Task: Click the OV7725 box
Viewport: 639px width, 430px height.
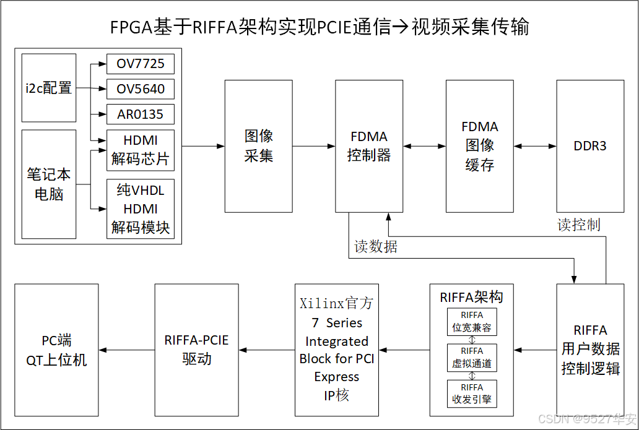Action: pyautogui.click(x=141, y=64)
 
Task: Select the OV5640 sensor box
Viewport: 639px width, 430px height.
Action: pyautogui.click(x=141, y=89)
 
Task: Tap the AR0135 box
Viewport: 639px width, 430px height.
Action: pyautogui.click(x=141, y=114)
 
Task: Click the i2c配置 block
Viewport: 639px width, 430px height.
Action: pyautogui.click(x=49, y=88)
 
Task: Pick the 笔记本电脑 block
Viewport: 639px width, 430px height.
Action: pyautogui.click(x=49, y=184)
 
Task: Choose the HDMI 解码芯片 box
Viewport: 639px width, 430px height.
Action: pyautogui.click(x=141, y=150)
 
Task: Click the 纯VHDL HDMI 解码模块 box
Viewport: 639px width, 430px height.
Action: pyautogui.click(x=141, y=209)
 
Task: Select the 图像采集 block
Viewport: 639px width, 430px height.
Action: pyautogui.click(x=258, y=146)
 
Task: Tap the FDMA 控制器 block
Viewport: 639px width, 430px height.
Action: pyautogui.click(x=368, y=146)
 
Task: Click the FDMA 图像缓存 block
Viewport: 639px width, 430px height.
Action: pyautogui.click(x=479, y=146)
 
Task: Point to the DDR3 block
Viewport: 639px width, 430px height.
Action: pyautogui.click(x=590, y=146)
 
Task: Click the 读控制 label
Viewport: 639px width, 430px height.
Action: pyautogui.click(x=578, y=225)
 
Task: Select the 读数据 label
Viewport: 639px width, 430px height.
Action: pyautogui.click(x=376, y=247)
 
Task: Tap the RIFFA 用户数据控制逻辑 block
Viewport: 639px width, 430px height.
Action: pyautogui.click(x=590, y=350)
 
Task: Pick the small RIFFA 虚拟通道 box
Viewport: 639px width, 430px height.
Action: pyautogui.click(x=472, y=358)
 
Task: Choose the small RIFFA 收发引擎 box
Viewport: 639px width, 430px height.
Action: pyautogui.click(x=472, y=394)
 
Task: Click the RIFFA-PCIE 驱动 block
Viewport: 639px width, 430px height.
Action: pyautogui.click(x=196, y=350)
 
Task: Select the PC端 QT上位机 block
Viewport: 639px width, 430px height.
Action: pyautogui.click(x=56, y=350)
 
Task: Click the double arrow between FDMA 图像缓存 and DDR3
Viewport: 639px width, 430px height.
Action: pyautogui.click(x=535, y=146)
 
